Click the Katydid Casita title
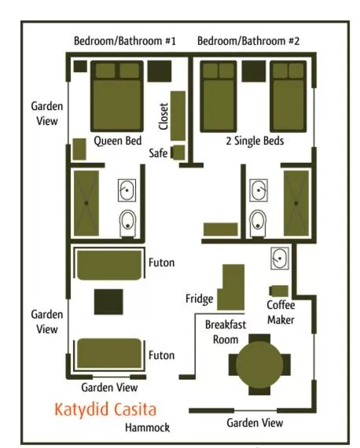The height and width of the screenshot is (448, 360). [x=105, y=409]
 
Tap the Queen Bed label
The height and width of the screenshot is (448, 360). [x=117, y=141]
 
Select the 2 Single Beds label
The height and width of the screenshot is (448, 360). [x=255, y=141]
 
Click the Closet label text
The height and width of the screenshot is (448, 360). [x=163, y=116]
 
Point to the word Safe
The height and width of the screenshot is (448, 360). [x=158, y=154]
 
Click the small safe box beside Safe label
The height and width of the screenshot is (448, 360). [x=178, y=152]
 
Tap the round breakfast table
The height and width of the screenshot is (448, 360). [x=259, y=364]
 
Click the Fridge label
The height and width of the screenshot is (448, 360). [x=200, y=299]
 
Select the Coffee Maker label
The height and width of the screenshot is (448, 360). [x=281, y=312]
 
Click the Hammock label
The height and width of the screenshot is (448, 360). [x=147, y=428]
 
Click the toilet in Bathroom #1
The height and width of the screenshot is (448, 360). [x=127, y=223]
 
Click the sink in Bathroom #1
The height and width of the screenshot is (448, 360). [x=127, y=189]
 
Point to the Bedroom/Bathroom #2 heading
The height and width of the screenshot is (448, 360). [x=248, y=41]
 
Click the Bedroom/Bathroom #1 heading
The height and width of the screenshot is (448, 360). [x=125, y=41]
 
